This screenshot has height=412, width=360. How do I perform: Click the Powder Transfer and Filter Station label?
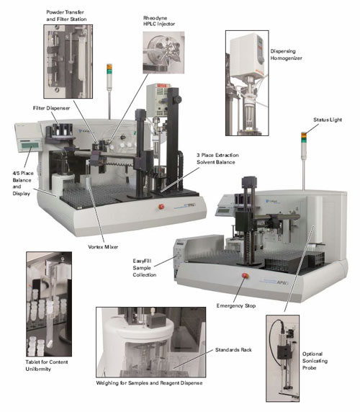pyautogui.click(x=66, y=16)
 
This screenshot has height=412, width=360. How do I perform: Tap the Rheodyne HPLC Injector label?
pyautogui.click(x=159, y=21)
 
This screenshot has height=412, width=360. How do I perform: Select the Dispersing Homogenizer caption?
pyautogui.click(x=286, y=55)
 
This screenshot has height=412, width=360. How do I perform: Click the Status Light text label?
pyautogui.click(x=328, y=120)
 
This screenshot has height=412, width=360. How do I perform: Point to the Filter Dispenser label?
pyautogui.click(x=51, y=108)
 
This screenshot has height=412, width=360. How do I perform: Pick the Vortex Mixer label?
pyautogui.click(x=103, y=247)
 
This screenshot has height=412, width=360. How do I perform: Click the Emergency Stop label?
pyautogui.click(x=235, y=305)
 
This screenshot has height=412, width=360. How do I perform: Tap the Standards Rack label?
pyautogui.click(x=233, y=350)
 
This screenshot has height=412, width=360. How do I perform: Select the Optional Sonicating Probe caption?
pyautogui.click(x=315, y=361)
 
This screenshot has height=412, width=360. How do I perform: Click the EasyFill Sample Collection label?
pyautogui.click(x=144, y=268)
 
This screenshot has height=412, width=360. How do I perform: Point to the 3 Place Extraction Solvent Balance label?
pyautogui.click(x=217, y=158)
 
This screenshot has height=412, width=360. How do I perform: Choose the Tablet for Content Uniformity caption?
pyautogui.click(x=47, y=365)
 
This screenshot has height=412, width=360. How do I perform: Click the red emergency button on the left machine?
pyautogui.click(x=161, y=207)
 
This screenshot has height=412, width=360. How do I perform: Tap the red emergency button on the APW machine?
pyautogui.click(x=245, y=275)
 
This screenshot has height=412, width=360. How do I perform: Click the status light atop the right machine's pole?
pyautogui.click(x=304, y=138)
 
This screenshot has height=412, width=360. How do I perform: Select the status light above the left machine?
pyautogui.click(x=109, y=69)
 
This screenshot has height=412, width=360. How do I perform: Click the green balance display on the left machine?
pyautogui.click(x=30, y=145)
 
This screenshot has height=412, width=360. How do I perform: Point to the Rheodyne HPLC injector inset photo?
pyautogui.click(x=163, y=53)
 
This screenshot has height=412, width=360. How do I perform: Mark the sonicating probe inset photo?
pyautogui.click(x=282, y=359)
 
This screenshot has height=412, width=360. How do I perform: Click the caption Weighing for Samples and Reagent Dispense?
pyautogui.click(x=149, y=383)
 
